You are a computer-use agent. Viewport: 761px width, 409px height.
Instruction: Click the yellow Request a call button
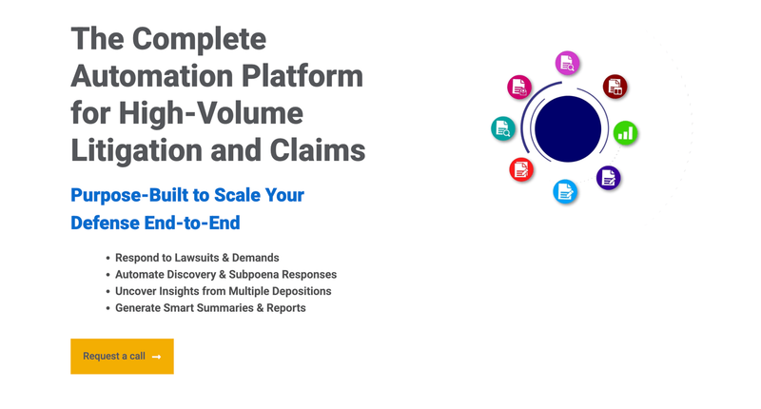(x=122, y=356)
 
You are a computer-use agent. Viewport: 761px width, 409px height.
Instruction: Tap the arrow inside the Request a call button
(x=156, y=357)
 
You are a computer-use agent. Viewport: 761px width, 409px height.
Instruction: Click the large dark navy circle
(x=568, y=129)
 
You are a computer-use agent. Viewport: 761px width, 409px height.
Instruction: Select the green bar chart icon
(x=625, y=133)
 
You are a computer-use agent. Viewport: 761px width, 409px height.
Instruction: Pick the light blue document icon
(x=565, y=191)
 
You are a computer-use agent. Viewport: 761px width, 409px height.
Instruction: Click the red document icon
(x=521, y=170)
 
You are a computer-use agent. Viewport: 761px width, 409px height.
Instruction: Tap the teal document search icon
(x=503, y=128)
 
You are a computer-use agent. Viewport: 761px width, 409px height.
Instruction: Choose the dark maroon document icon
(x=615, y=87)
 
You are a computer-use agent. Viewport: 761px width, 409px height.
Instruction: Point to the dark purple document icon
(x=608, y=178)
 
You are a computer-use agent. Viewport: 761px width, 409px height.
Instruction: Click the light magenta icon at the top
(x=567, y=63)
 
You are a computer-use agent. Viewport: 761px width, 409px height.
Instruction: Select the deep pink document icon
(x=519, y=88)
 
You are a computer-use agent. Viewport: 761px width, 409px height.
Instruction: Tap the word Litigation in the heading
(x=136, y=151)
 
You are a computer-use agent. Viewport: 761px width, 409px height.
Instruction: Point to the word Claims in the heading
(x=318, y=150)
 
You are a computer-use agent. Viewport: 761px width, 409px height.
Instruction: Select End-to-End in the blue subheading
(x=192, y=224)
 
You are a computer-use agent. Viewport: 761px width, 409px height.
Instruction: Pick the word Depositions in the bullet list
(x=302, y=291)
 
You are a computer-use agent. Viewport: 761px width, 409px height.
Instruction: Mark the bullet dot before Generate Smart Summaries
(x=107, y=308)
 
